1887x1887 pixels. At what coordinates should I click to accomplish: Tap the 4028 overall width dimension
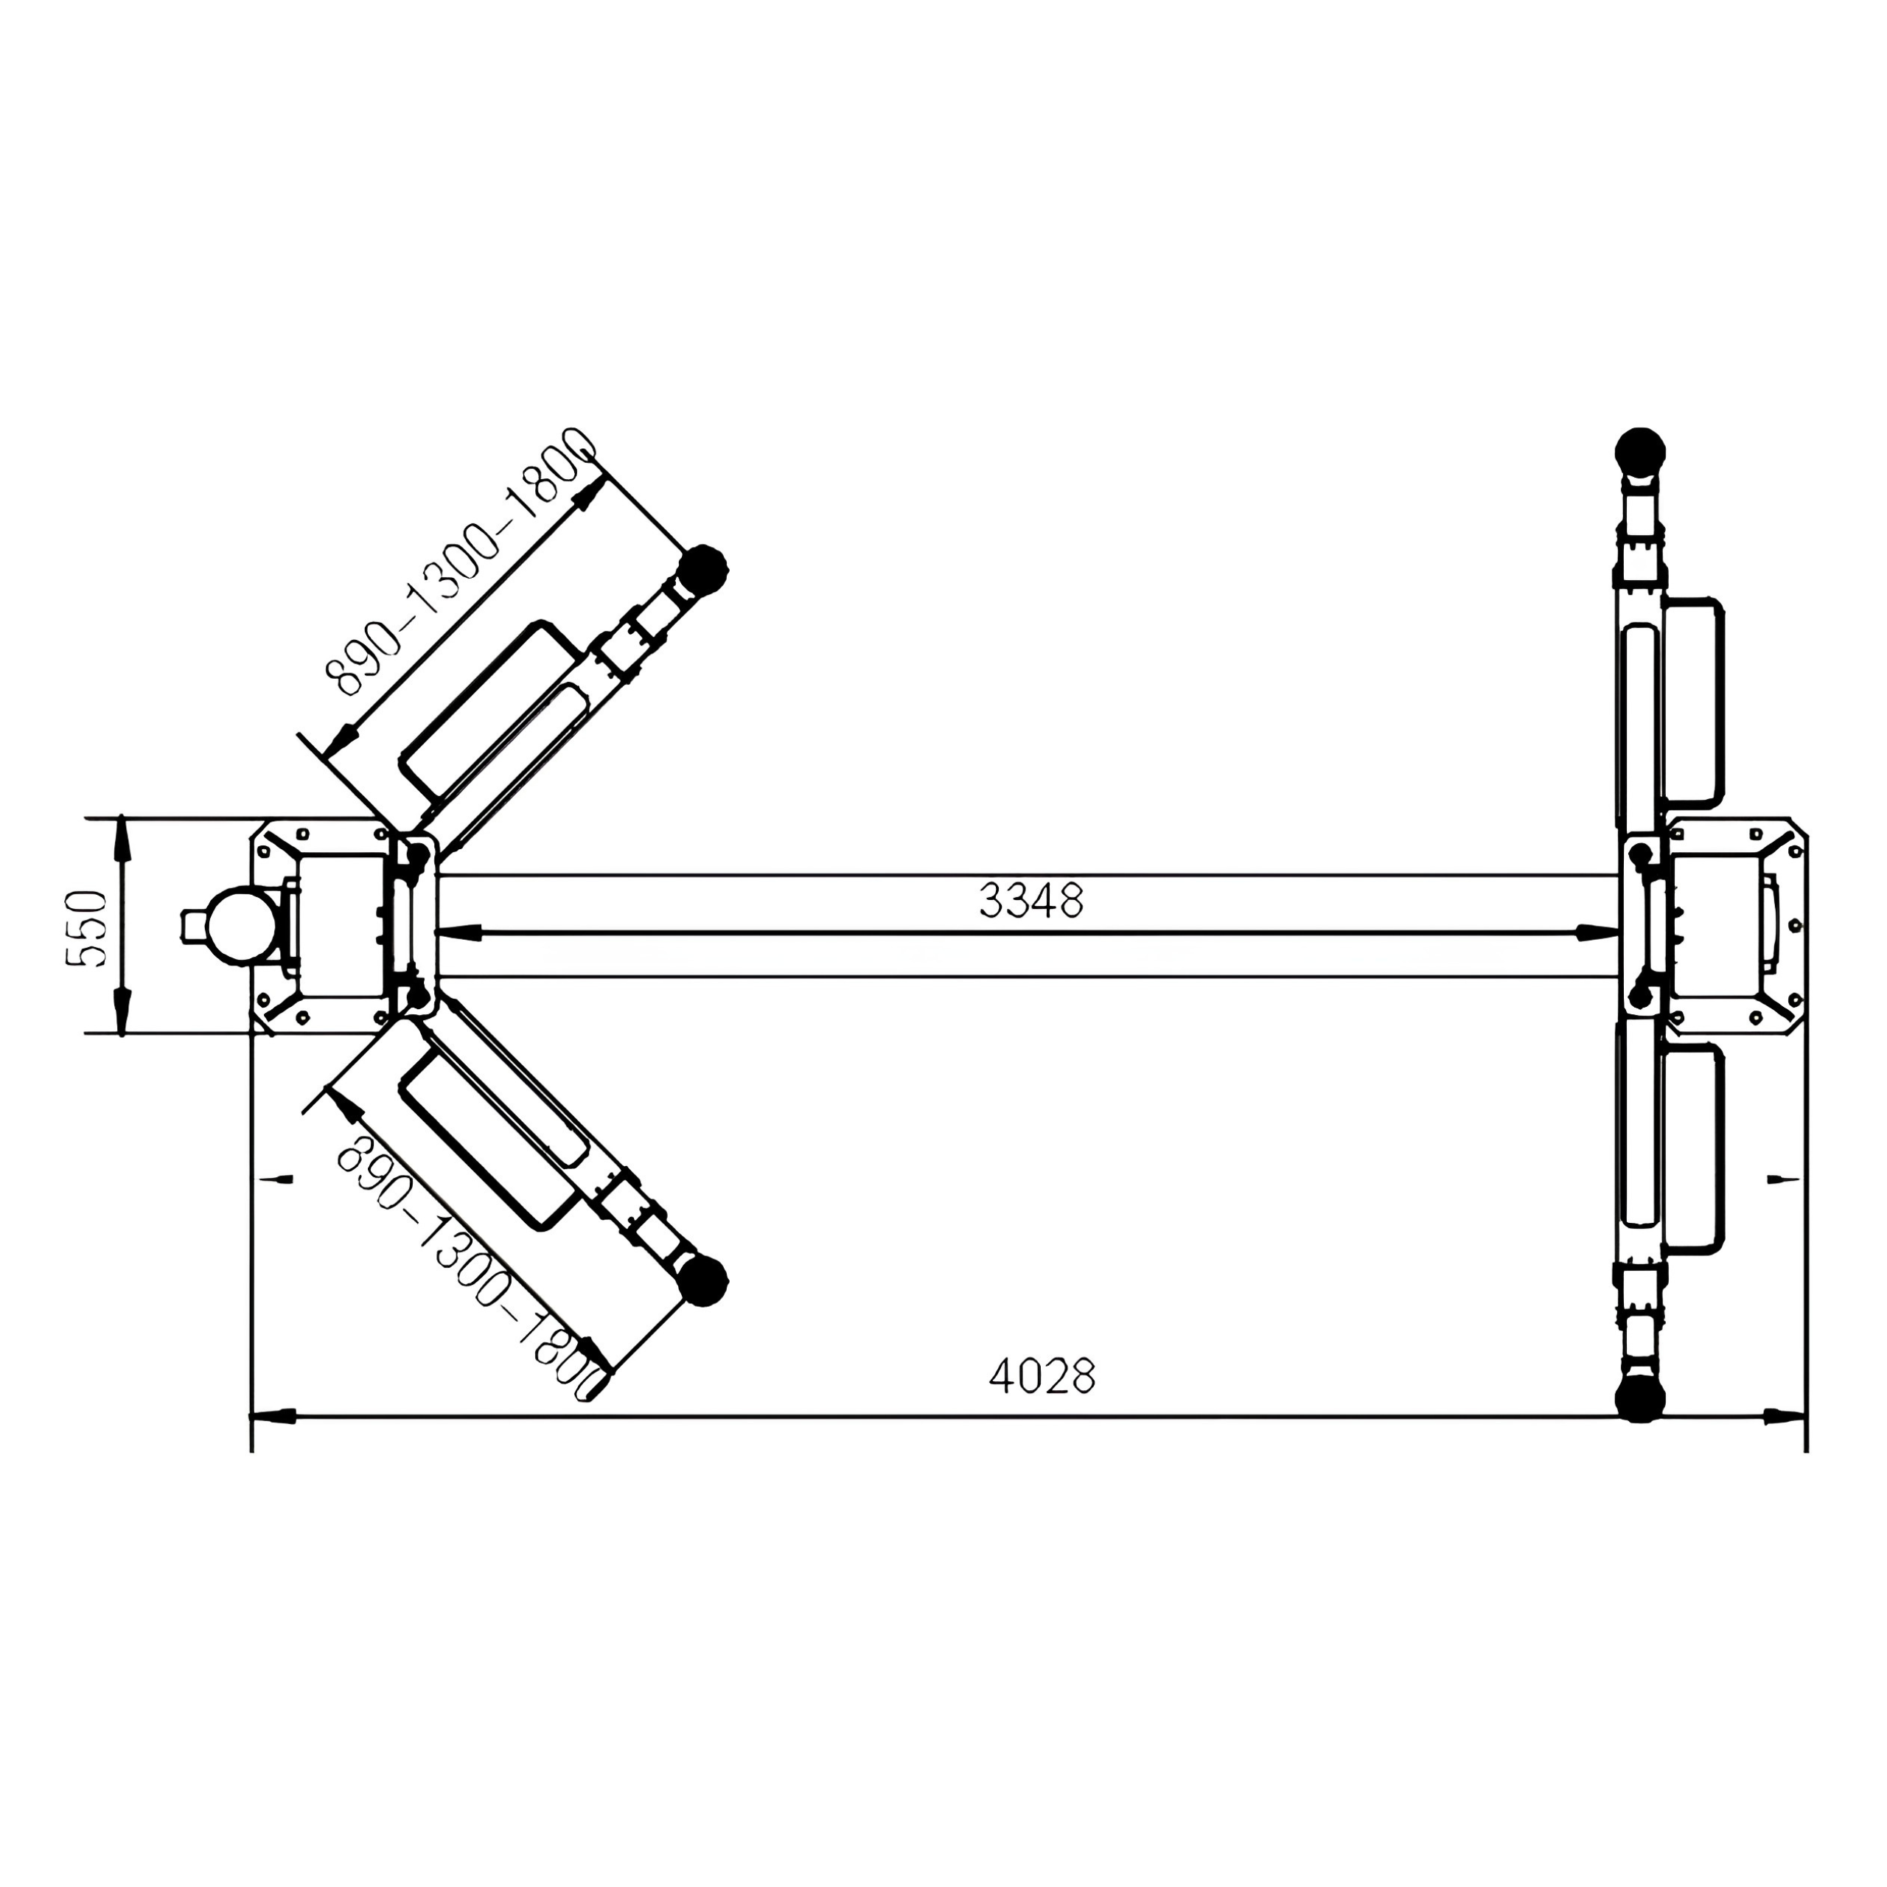pos(1042,1376)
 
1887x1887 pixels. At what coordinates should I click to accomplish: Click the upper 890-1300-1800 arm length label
pos(460,562)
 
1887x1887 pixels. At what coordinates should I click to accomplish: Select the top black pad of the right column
pos(1640,451)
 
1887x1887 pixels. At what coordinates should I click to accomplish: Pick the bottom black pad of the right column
pos(1640,1397)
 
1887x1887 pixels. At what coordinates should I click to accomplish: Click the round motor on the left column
pos(237,925)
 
